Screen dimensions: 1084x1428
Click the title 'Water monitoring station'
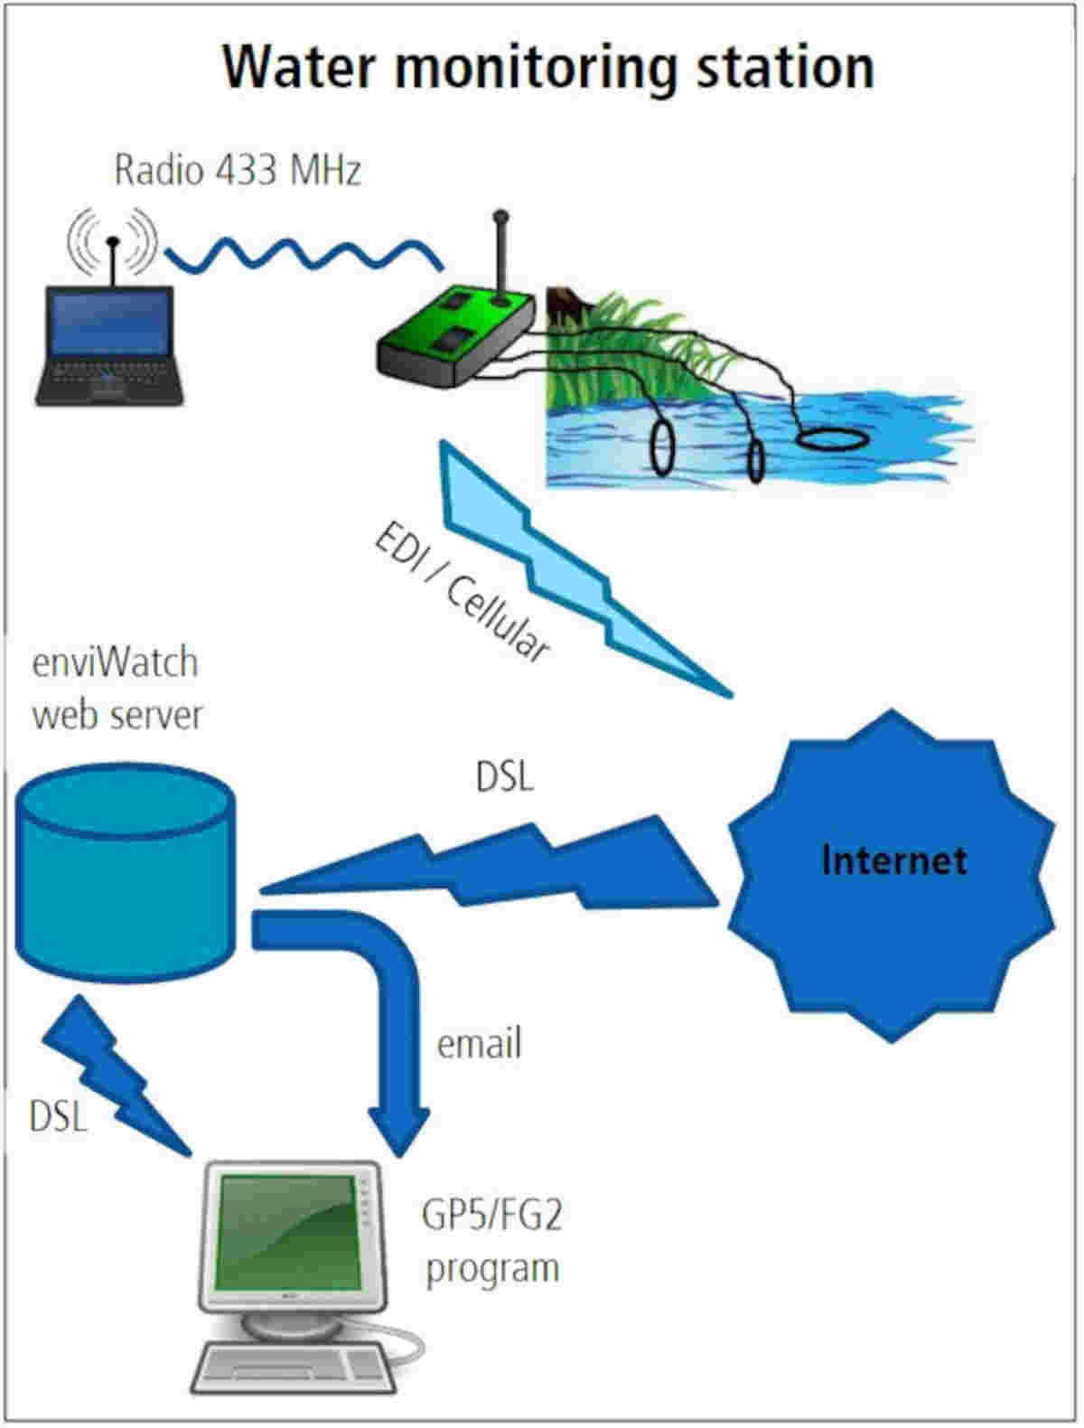pos(548,67)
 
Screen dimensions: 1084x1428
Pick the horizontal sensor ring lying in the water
pos(833,439)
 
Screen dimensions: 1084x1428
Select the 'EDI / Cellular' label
pos(462,591)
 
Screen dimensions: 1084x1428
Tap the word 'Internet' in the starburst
pos(894,860)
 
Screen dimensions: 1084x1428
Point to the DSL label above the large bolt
pos(505,776)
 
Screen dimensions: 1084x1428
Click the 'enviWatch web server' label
pos(117,689)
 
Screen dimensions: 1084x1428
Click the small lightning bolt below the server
pos(117,1076)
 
